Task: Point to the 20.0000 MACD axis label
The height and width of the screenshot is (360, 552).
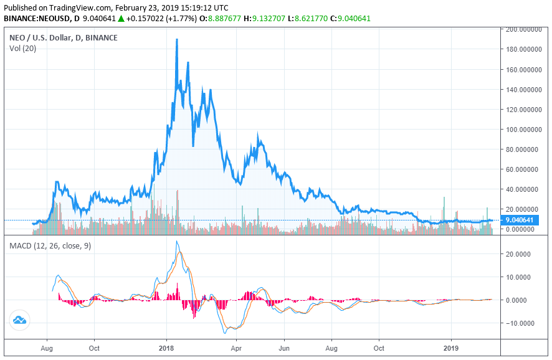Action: [519, 254]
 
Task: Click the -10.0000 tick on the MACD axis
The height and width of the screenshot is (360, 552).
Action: [518, 323]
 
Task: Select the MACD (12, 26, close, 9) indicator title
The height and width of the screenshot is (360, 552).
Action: [50, 246]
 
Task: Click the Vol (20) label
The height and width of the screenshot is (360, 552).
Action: [22, 49]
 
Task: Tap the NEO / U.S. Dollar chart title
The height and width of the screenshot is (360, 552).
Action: [64, 37]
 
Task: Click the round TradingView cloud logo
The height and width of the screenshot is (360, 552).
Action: [19, 320]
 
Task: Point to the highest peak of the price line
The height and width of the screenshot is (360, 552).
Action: [177, 40]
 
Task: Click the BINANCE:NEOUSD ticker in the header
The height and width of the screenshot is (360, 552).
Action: [37, 18]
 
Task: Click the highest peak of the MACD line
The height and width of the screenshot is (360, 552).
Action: [176, 241]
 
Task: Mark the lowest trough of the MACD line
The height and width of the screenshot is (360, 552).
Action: [224, 333]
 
